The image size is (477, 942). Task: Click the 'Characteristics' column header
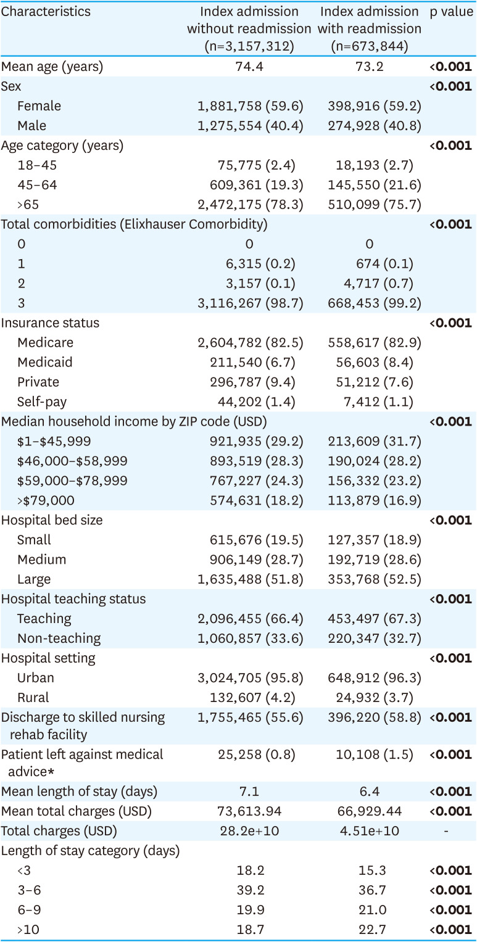pos(46,12)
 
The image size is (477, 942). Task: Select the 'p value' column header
pos(451,12)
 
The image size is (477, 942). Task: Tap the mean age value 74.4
pos(250,66)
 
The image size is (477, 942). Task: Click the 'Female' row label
pos(39,105)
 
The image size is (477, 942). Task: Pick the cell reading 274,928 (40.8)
pos(376,125)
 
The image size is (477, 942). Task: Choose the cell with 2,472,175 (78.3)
pos(250,204)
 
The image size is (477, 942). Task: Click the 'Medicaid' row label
pos(42,362)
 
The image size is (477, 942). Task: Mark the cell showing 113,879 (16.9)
pos(376,500)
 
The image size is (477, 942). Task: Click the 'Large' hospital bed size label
pos(34,579)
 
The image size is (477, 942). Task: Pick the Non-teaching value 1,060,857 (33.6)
pos(250,638)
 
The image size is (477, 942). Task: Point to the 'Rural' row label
pos(33,697)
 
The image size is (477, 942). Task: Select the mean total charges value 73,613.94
pos(250,811)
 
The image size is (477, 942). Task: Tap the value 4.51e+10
pos(370,830)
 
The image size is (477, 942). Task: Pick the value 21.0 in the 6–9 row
pos(370,909)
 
